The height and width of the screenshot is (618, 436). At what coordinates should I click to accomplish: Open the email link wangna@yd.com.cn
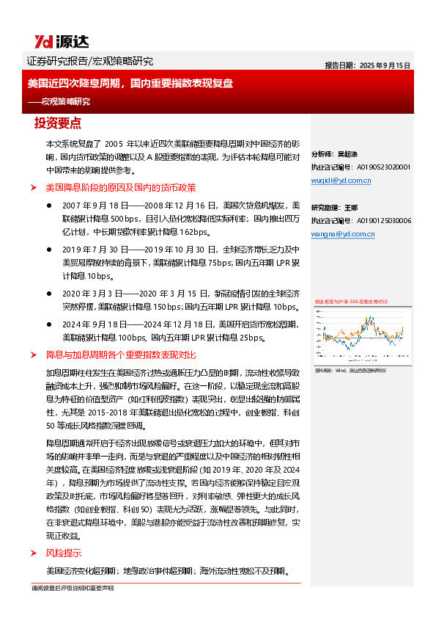342,233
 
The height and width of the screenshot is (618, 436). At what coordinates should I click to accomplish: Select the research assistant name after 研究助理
350,208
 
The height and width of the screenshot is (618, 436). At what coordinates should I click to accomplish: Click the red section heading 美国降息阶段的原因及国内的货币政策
120,188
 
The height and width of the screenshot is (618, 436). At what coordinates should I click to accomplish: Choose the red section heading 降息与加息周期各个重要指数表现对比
121,355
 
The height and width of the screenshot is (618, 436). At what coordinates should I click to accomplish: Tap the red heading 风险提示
63,553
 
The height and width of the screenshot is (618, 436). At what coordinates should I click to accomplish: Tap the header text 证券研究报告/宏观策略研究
89,62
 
